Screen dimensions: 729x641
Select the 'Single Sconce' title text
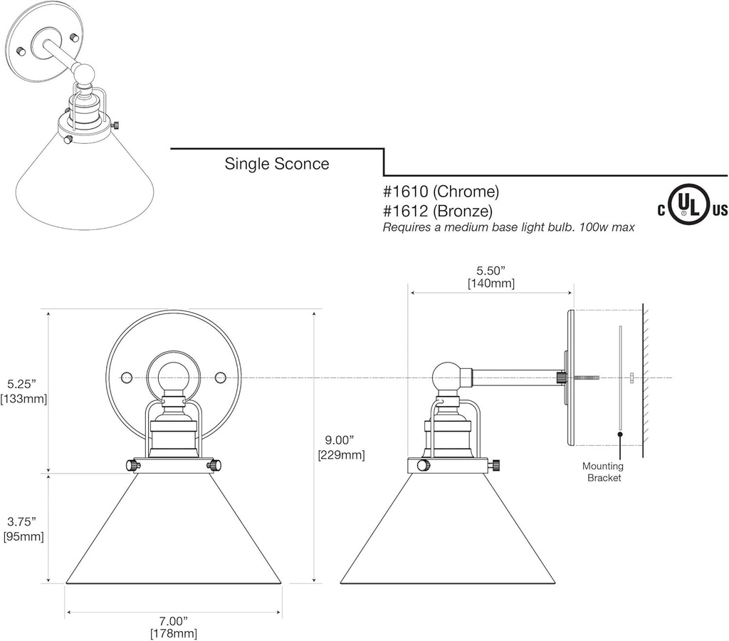click(277, 164)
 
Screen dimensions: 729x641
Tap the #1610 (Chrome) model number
click(441, 191)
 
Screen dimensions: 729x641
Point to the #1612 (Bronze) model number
click(438, 212)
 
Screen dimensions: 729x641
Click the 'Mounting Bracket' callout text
click(603, 471)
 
